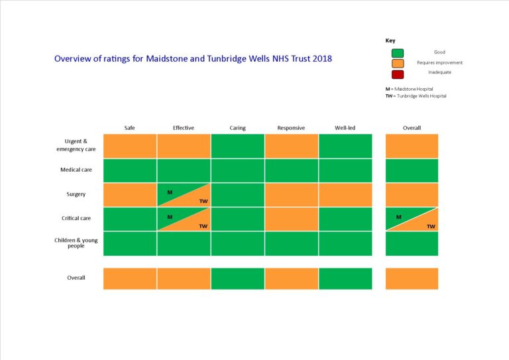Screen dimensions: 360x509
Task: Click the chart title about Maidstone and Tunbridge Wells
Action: (193, 58)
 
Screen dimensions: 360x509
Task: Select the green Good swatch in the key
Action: (397, 52)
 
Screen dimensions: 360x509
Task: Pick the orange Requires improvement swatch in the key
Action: (397, 63)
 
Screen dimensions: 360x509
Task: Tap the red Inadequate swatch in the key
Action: (397, 74)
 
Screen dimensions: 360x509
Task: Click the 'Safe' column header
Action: (130, 128)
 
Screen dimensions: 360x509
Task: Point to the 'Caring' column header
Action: (237, 128)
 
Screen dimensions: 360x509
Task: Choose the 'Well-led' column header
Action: (345, 128)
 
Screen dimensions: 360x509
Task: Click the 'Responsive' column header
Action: (291, 128)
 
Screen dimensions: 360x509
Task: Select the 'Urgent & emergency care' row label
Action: (76, 145)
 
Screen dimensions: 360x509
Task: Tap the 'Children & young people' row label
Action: (76, 243)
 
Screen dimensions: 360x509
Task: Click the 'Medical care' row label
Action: (76, 170)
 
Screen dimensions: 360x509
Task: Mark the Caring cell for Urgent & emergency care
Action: (237, 146)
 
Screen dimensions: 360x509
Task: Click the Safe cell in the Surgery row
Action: (130, 194)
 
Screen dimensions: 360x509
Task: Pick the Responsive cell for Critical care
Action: (291, 219)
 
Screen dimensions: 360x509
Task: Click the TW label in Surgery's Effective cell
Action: (203, 202)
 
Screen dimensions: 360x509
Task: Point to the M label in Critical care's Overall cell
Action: (398, 217)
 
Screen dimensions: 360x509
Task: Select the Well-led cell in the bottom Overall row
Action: (345, 278)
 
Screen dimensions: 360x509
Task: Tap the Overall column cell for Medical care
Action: (412, 170)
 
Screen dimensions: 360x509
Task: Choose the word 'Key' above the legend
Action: (390, 40)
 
